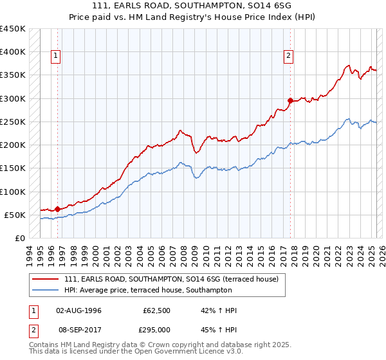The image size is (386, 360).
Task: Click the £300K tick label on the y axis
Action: click(13, 98)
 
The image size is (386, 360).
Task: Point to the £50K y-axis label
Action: click(15, 215)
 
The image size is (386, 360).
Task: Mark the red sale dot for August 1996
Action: click(57, 209)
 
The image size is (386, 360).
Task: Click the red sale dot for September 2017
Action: click(290, 100)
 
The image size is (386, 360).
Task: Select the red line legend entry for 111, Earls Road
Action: click(170, 280)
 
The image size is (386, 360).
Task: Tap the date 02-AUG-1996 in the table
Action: click(79, 310)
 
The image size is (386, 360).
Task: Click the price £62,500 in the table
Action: click(157, 310)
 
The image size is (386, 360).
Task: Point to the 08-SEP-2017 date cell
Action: click(79, 329)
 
